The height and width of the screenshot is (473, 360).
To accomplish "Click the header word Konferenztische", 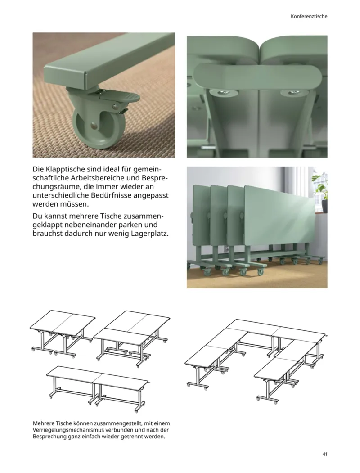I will [x=308, y=16].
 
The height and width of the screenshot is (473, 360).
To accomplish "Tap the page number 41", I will [x=324, y=453].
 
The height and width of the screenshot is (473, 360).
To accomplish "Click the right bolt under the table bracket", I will [x=286, y=93].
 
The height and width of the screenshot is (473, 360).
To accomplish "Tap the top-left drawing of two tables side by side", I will [x=62, y=332].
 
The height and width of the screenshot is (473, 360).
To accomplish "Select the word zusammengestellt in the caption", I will [x=114, y=423].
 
